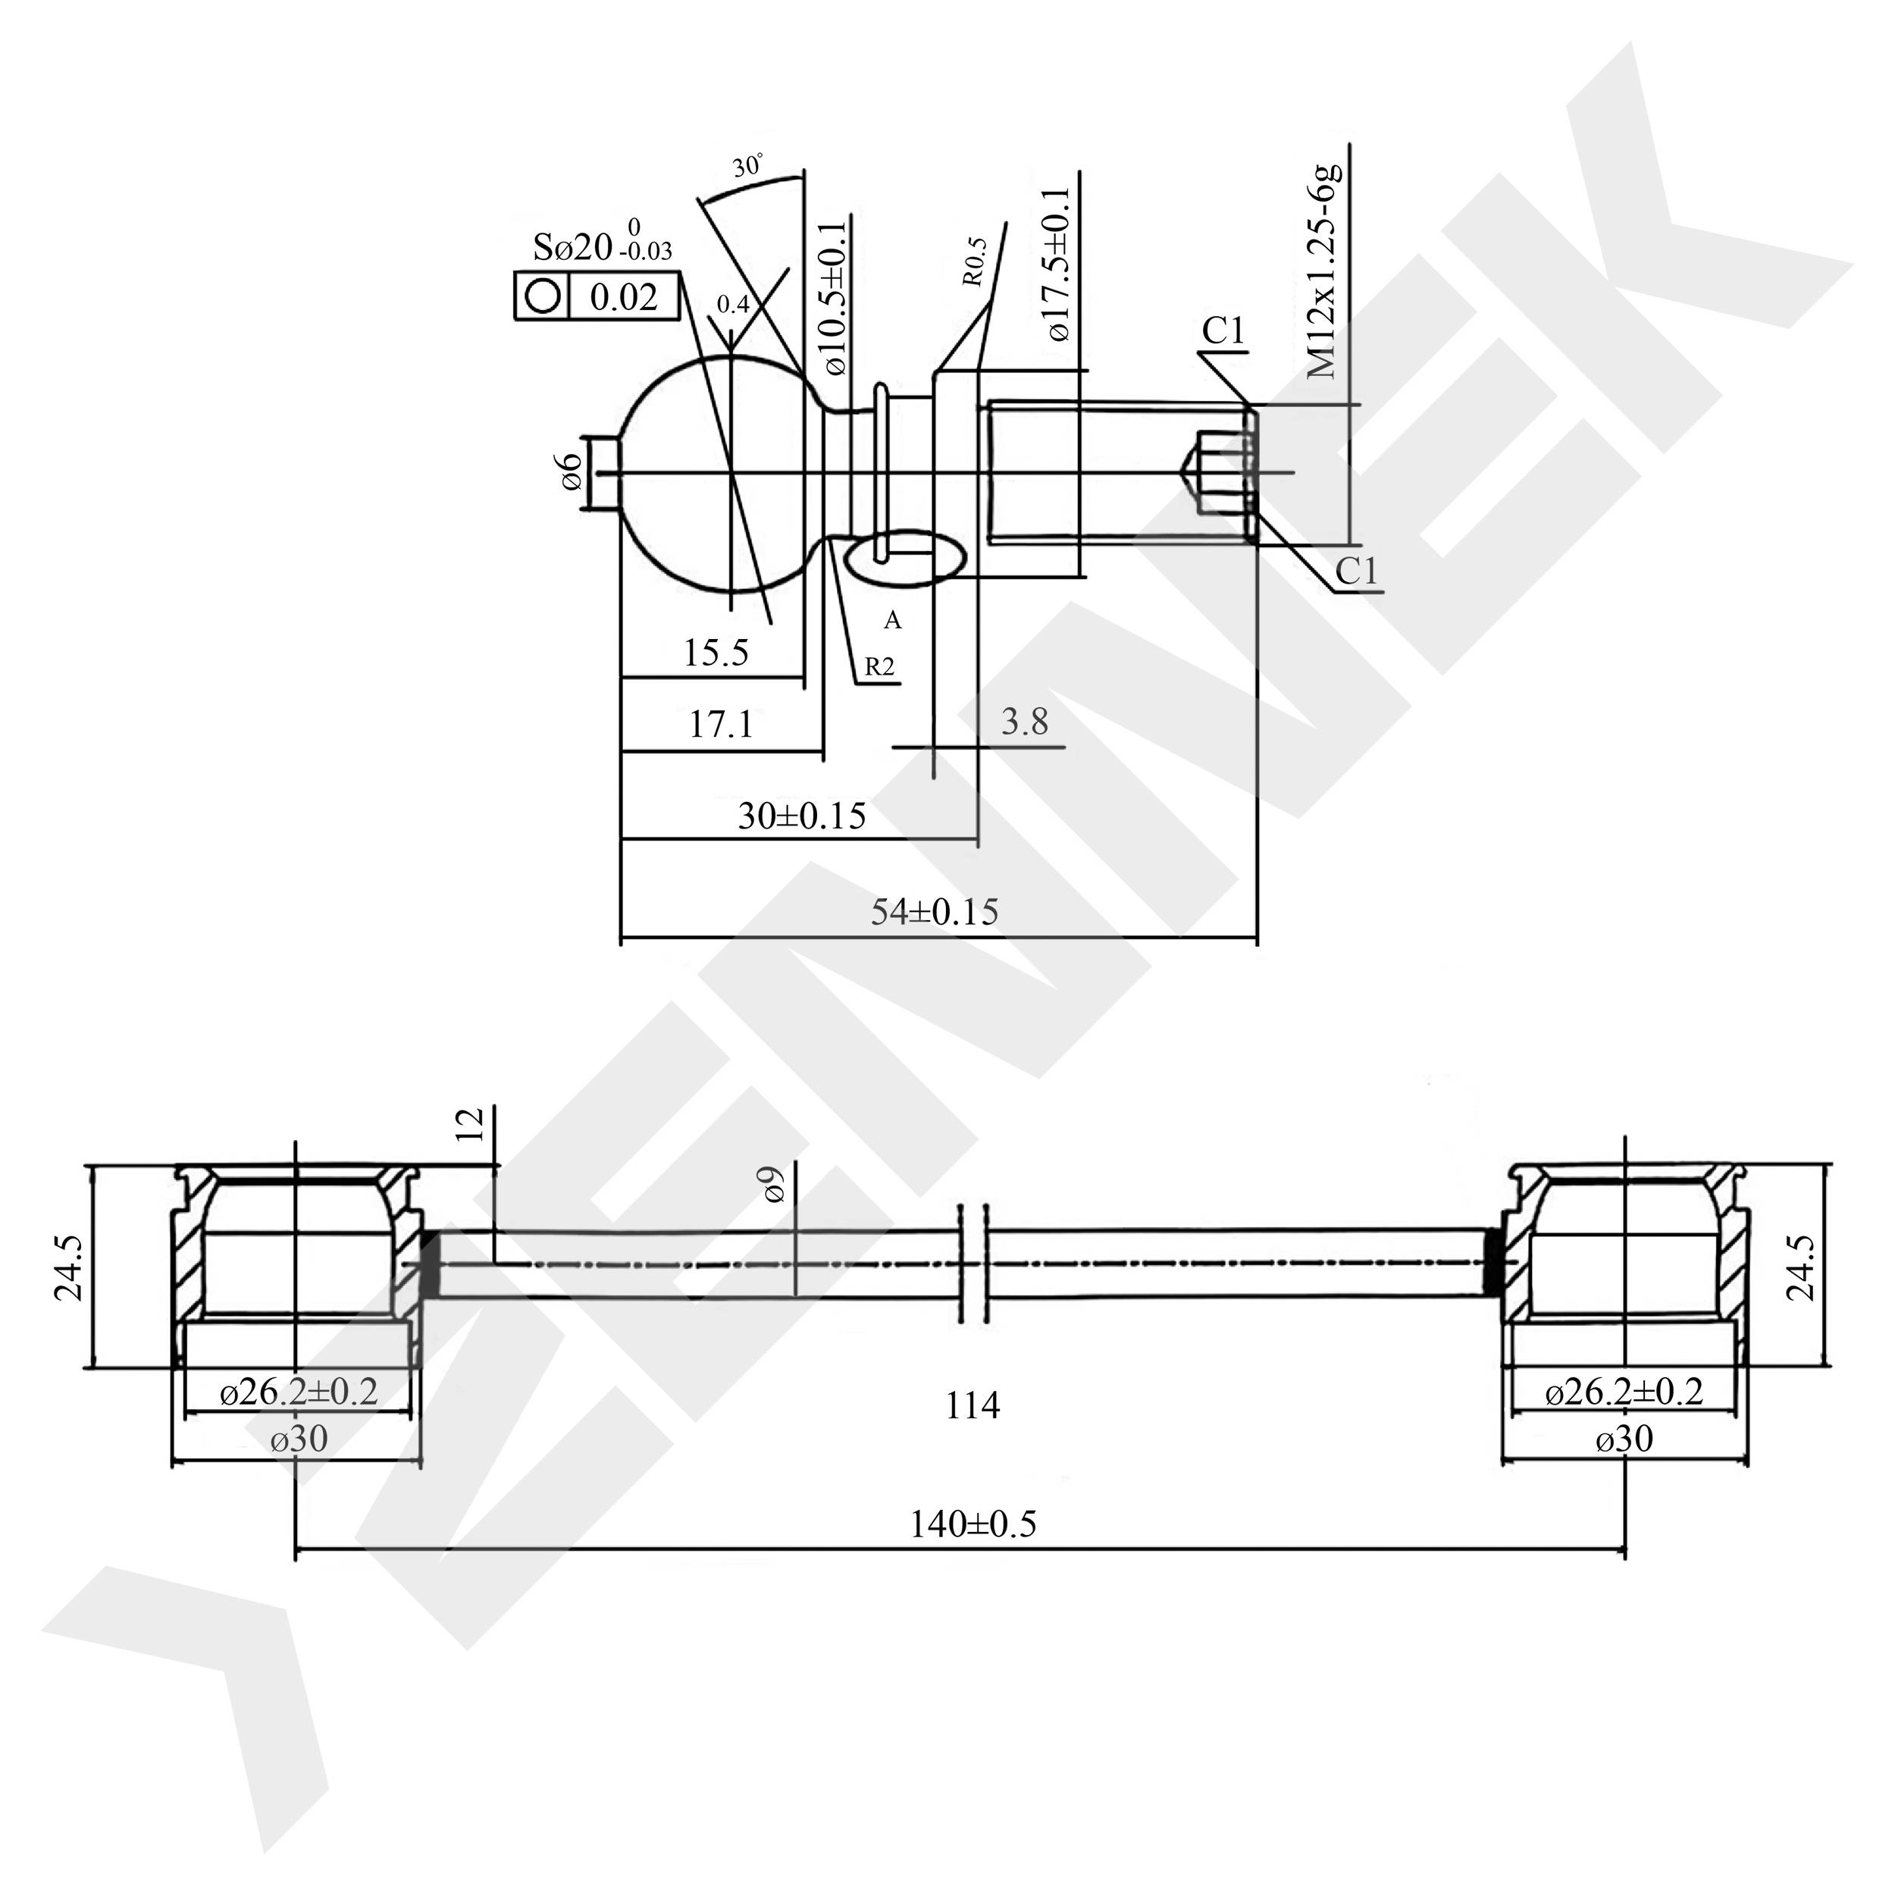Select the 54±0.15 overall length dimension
click(x=935, y=912)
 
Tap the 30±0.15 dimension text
click(x=801, y=816)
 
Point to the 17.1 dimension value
click(x=721, y=725)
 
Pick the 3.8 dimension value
click(x=1025, y=722)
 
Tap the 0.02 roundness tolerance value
click(x=623, y=296)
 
